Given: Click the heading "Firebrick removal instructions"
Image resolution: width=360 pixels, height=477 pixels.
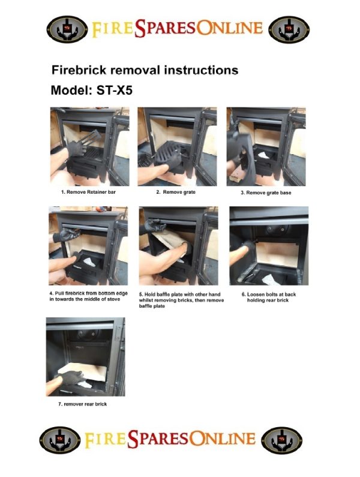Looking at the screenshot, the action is (145, 70).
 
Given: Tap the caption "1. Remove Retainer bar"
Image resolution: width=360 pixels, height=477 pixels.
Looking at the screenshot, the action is (88, 192).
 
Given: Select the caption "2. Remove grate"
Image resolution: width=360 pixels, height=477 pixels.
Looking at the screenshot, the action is (176, 192).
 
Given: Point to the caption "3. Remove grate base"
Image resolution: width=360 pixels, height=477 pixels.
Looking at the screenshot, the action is (266, 193).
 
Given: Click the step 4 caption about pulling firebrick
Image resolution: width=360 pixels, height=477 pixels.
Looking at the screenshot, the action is (89, 296).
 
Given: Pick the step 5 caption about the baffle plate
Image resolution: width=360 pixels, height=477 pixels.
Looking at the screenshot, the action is (181, 300).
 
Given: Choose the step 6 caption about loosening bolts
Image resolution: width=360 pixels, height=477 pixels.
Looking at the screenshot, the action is (269, 297).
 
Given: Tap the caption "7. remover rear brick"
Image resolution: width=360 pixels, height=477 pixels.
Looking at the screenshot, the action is (82, 404).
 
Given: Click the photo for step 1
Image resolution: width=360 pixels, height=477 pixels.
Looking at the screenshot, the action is (90, 146).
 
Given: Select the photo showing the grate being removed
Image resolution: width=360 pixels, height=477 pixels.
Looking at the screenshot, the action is (177, 146).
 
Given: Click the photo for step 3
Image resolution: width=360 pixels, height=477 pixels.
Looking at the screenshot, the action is (266, 146).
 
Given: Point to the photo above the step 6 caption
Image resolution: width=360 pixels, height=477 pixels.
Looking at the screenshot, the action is (269, 246).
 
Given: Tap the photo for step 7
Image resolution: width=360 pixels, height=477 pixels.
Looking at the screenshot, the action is (86, 357).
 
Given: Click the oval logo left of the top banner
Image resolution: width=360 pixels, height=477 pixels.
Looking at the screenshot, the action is (67, 29).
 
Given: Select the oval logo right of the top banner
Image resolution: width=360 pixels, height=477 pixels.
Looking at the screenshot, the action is (289, 29).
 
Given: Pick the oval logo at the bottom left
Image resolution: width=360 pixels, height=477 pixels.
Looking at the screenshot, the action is (60, 440).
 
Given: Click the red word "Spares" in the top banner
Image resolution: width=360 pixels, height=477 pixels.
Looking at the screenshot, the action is (165, 28).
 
